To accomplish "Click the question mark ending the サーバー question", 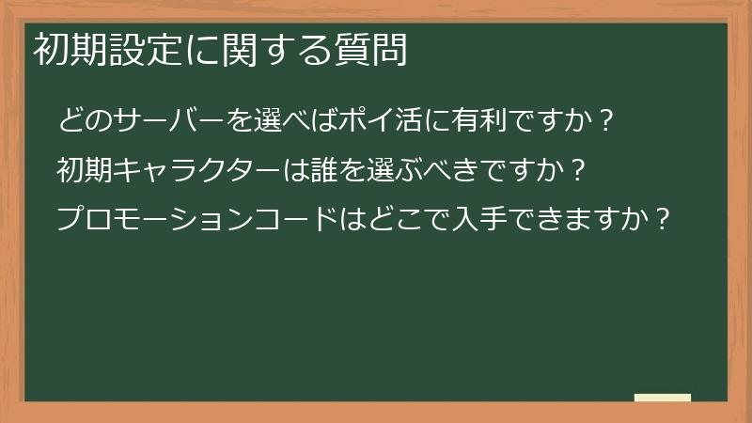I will click(x=607, y=121).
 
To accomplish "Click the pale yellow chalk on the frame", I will click(x=662, y=398).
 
